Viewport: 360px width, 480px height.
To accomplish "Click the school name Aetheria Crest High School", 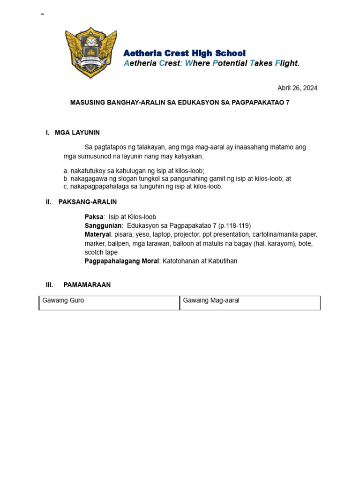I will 184,53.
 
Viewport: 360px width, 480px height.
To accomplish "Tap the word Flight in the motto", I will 287,63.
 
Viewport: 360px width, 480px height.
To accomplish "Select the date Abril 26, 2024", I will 297,88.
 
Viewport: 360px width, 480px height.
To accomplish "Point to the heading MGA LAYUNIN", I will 77,133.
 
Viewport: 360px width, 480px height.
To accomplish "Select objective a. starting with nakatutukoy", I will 134,171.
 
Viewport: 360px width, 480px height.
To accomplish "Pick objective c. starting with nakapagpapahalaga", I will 143,186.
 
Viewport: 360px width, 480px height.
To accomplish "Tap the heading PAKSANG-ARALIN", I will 88,202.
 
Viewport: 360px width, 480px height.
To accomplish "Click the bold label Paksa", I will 94,217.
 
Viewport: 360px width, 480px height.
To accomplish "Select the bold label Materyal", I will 97,234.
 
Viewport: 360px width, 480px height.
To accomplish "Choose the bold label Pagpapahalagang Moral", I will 121,261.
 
